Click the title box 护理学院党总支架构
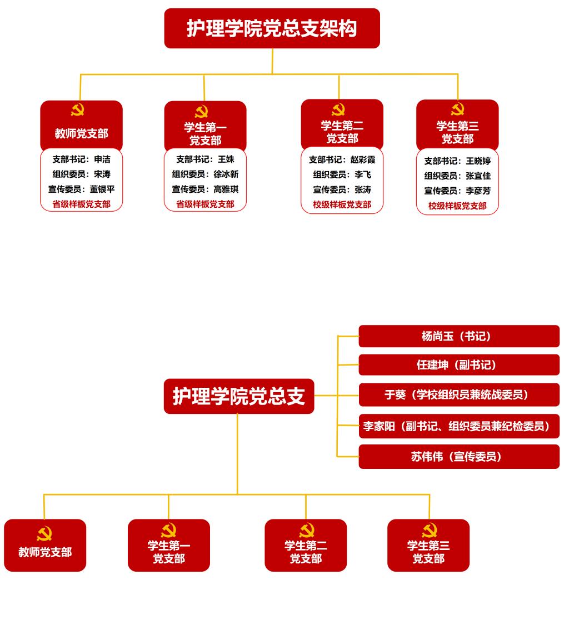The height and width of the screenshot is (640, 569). tap(272, 28)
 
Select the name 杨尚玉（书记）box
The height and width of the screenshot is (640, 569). tap(458, 336)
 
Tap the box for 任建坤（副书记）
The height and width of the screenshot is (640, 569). tap(458, 365)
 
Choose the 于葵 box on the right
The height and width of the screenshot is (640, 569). tap(458, 394)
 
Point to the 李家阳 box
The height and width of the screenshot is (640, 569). tap(458, 426)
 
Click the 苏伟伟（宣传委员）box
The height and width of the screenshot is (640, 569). tap(458, 457)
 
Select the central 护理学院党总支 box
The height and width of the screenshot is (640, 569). tap(239, 396)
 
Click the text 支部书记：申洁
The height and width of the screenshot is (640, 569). tap(81, 159)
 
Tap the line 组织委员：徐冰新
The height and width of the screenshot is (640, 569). tap(205, 174)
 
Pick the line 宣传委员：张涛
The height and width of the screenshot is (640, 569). tap(342, 189)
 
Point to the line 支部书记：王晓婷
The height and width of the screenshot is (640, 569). tap(457, 161)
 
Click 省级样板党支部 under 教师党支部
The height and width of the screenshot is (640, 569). tap(81, 204)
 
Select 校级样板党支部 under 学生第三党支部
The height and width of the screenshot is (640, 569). tap(457, 206)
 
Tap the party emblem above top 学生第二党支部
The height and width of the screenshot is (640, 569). tap(338, 109)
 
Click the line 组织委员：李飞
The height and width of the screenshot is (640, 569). tap(342, 174)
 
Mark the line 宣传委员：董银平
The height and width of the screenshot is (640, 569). tap(81, 189)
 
